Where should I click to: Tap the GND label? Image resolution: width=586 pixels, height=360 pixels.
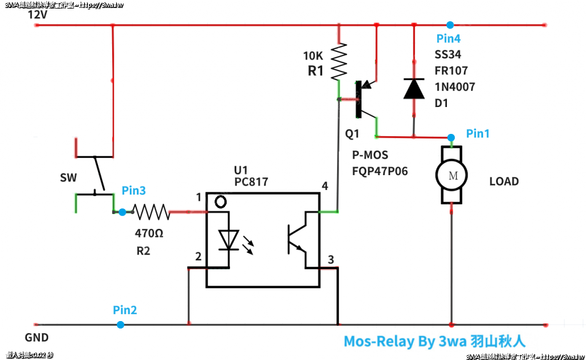37,338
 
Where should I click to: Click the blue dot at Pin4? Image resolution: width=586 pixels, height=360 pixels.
450,25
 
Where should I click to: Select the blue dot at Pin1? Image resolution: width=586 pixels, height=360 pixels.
451,137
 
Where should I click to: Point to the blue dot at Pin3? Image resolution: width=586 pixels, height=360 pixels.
122,212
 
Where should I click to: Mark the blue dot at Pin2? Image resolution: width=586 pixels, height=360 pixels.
120,325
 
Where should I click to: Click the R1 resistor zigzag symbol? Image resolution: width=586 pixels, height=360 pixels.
339,62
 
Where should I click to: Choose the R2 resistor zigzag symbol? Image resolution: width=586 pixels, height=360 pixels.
151,212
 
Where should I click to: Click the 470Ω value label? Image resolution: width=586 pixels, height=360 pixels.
149,234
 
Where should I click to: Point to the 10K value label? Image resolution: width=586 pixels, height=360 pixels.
313,56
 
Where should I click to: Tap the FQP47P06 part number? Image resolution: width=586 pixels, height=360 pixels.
381,171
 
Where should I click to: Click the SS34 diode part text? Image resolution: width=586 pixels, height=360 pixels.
448,55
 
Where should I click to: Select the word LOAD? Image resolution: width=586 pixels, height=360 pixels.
504,182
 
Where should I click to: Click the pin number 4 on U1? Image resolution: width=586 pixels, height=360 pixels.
325,187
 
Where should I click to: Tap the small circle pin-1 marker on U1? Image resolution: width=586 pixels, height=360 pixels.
221,201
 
